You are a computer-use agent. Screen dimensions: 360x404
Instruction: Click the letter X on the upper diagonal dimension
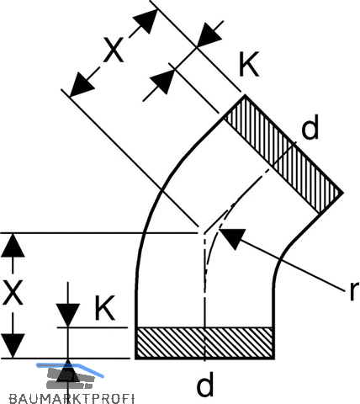coord(114,50)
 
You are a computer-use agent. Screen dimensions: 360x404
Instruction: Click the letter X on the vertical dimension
coord(13,293)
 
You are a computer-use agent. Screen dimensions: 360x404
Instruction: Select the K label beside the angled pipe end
coord(249,64)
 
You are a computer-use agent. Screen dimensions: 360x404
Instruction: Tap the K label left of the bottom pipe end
coord(104,308)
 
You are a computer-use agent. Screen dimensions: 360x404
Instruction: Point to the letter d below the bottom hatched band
coord(205,384)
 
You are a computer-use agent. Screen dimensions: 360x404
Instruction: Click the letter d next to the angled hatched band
coord(310,127)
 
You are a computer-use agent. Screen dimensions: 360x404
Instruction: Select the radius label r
coord(354,291)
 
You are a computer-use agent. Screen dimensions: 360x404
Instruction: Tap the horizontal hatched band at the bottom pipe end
coord(204,343)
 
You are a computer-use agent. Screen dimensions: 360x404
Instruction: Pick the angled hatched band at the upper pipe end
coord(283,155)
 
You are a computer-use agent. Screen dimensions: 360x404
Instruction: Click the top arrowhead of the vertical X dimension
coord(13,245)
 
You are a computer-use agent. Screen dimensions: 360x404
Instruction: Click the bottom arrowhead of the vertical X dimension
coord(13,346)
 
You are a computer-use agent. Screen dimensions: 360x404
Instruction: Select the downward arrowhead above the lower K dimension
coord(68,315)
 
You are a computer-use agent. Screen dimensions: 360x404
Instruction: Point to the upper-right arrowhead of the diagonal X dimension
coord(146,20)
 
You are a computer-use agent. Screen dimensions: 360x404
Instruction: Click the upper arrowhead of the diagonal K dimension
coord(209,35)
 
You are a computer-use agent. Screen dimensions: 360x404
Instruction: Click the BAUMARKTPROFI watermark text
coord(71,398)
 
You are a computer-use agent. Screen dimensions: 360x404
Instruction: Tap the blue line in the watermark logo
coord(70,367)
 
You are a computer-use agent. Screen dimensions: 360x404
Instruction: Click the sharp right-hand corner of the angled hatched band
coord(343,193)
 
